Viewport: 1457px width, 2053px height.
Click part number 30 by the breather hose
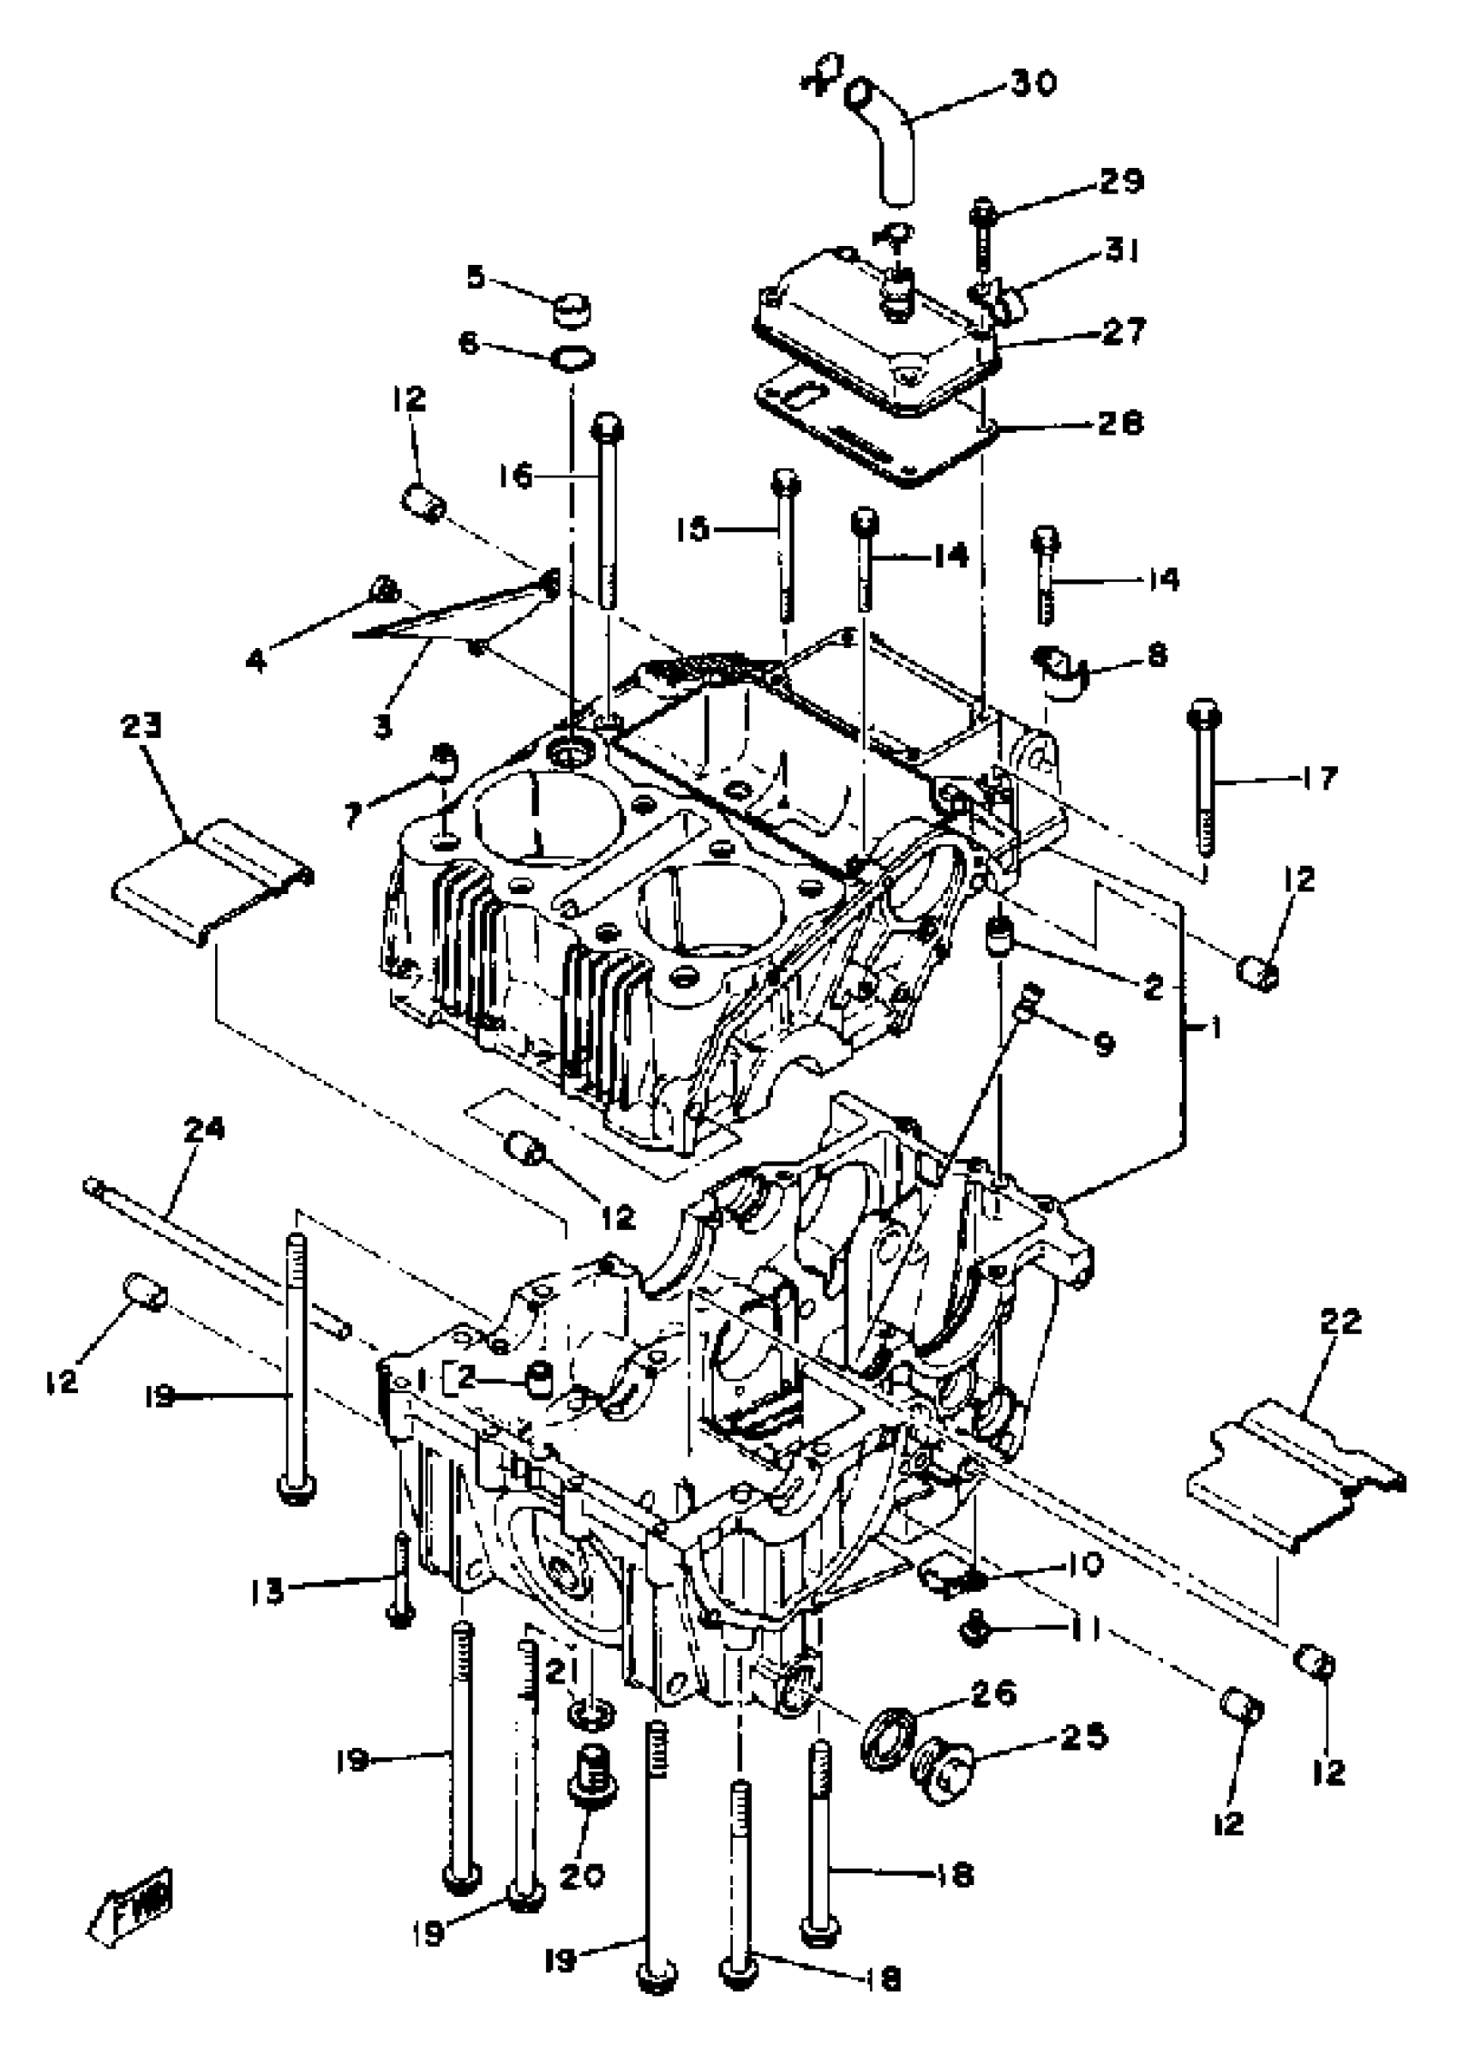click(x=1034, y=83)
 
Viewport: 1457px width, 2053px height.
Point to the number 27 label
click(x=1124, y=331)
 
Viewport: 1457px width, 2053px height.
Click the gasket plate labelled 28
click(x=861, y=422)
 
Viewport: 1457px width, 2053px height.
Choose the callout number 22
click(x=1340, y=1322)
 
